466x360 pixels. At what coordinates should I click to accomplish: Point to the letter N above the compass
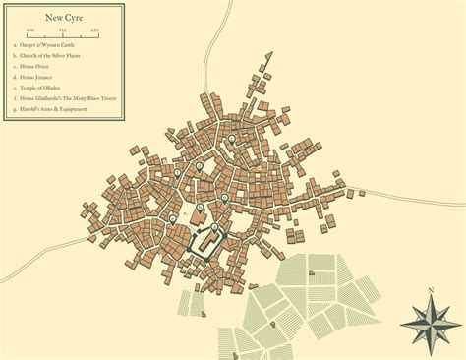pyautogui.click(x=432, y=292)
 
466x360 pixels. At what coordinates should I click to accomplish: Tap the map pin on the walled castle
pyautogui.click(x=215, y=228)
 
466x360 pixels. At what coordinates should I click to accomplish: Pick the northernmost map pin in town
pyautogui.click(x=232, y=140)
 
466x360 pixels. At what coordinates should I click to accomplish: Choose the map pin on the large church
pyautogui.click(x=201, y=209)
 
